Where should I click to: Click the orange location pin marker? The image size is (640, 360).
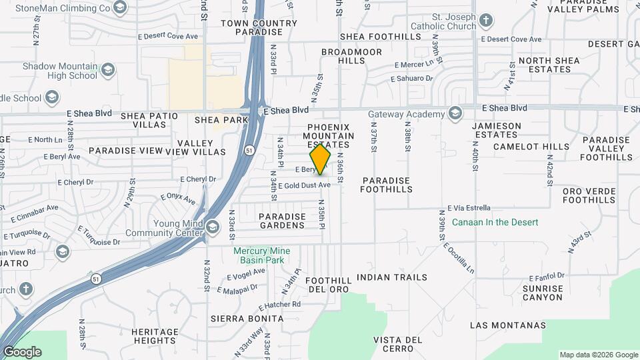[321, 159]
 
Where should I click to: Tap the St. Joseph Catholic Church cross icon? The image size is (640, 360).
[486, 20]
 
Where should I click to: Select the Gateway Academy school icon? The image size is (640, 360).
[455, 113]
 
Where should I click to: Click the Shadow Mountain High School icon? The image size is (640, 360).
[108, 70]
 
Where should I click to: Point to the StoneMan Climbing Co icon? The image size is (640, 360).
[121, 8]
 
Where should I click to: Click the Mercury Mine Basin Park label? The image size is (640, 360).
[259, 255]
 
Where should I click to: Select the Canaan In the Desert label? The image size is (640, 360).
[495, 221]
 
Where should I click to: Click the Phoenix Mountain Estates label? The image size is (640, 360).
[328, 136]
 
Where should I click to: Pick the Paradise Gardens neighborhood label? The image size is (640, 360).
[282, 221]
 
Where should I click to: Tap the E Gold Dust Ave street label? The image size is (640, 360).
[304, 185]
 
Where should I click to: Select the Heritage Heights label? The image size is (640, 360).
[155, 336]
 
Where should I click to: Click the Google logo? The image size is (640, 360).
[22, 352]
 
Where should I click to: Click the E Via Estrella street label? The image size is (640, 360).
[469, 208]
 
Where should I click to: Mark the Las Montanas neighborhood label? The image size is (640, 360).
[508, 325]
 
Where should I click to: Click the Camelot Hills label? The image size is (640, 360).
[531, 147]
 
